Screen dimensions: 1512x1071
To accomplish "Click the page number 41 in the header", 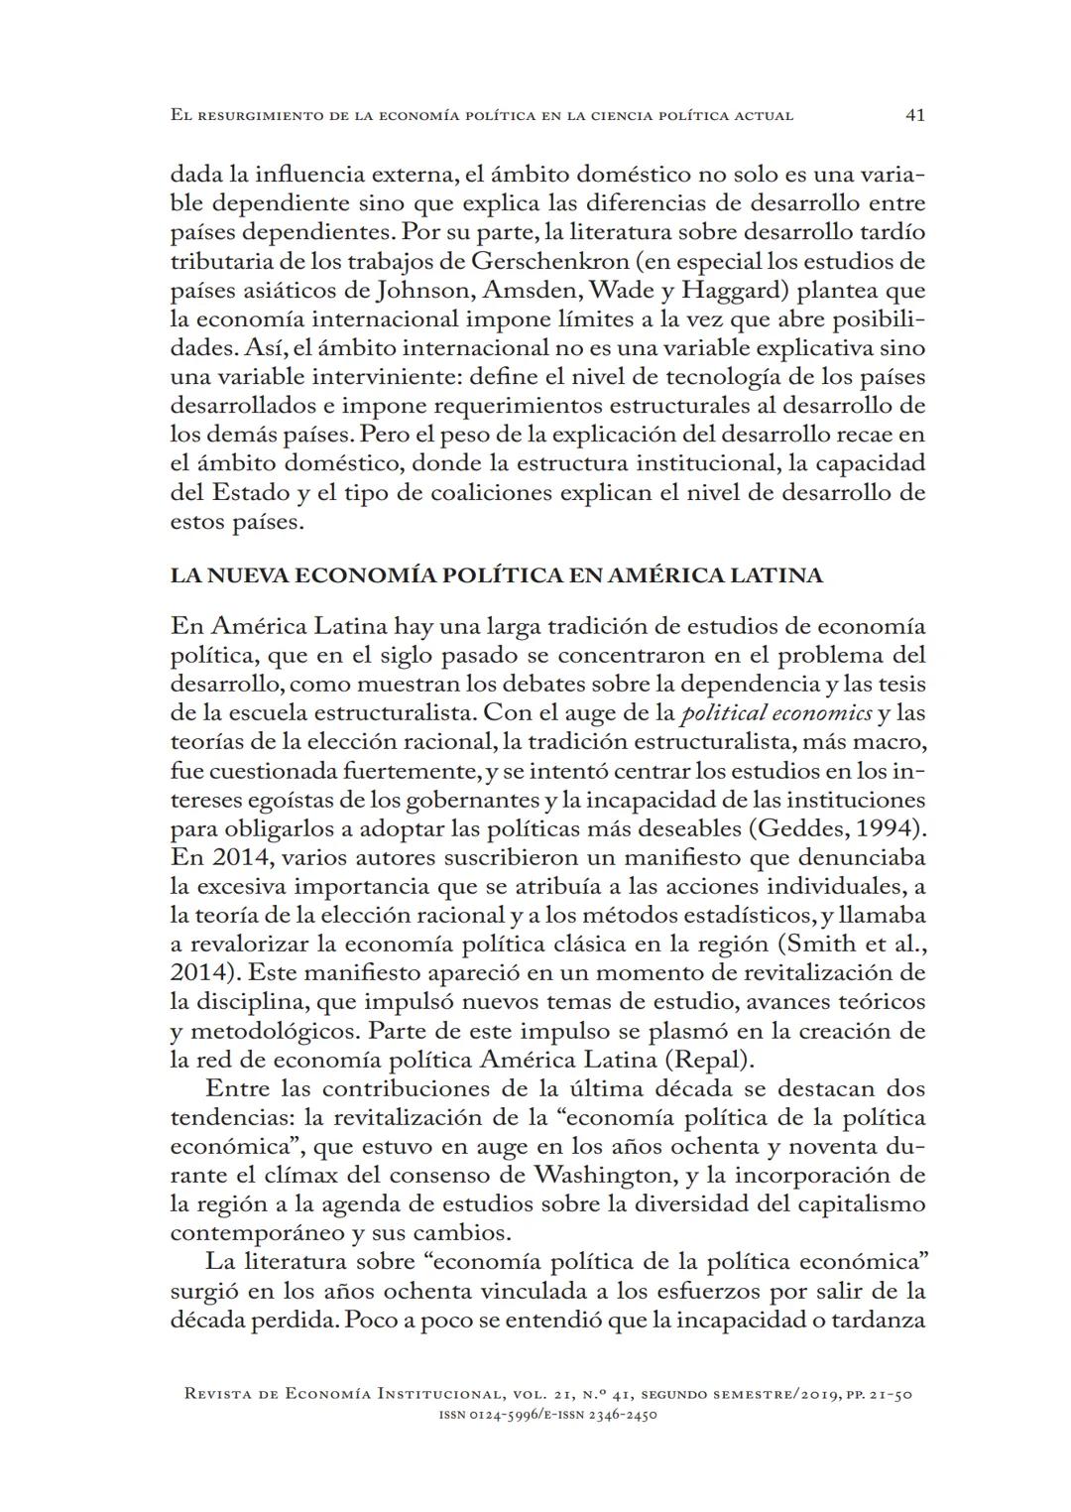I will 915,115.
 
